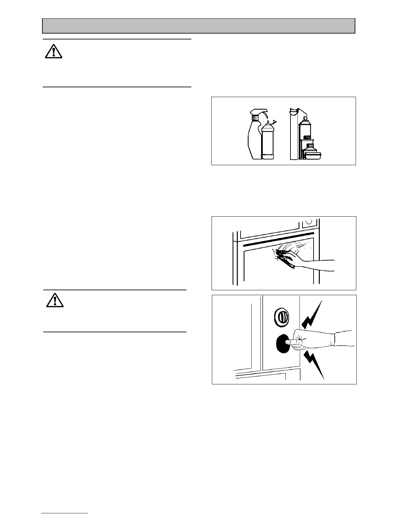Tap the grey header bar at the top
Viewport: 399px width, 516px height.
198,26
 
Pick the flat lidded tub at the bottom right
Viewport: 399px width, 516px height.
313,156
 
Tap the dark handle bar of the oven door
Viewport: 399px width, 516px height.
277,239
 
